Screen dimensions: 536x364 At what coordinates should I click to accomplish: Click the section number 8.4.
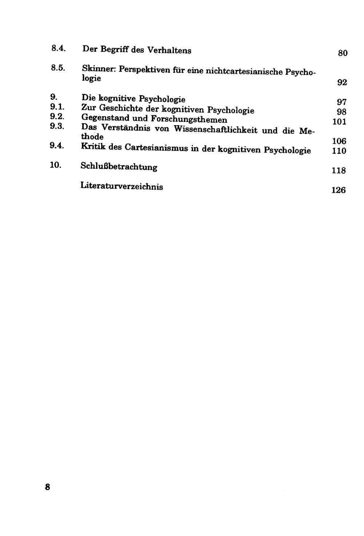pyautogui.click(x=58, y=48)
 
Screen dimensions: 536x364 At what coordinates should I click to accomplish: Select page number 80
pyautogui.click(x=343, y=53)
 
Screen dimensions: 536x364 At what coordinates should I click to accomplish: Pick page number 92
pyautogui.click(x=342, y=83)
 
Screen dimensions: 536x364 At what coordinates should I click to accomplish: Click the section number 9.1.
pyautogui.click(x=57, y=107)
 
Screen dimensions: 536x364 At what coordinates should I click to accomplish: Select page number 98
pyautogui.click(x=341, y=112)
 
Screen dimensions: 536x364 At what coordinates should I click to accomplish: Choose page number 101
pyautogui.click(x=339, y=122)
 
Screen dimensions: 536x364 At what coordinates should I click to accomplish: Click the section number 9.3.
pyautogui.click(x=57, y=126)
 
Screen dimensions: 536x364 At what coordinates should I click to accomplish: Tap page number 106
pyautogui.click(x=339, y=141)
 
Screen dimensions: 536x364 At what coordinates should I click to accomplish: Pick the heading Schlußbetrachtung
pyautogui.click(x=119, y=167)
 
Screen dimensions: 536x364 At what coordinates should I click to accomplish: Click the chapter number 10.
pyautogui.click(x=55, y=165)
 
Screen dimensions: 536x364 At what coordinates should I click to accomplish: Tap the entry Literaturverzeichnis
pyautogui.click(x=122, y=186)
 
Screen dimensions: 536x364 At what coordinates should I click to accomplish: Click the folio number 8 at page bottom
pyautogui.click(x=47, y=487)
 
